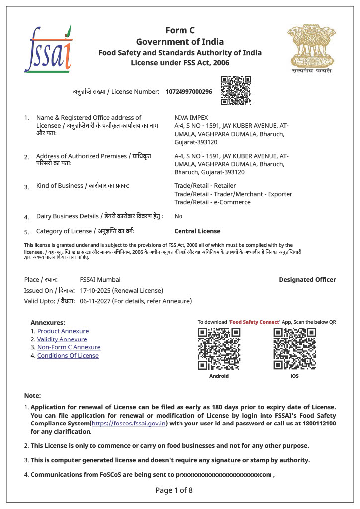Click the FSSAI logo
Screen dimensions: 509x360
pos(48,49)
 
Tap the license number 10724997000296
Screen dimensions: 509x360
pos(188,92)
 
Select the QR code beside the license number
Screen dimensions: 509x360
pos(236,90)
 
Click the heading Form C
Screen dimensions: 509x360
pos(180,31)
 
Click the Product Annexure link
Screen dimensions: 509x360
pos(63,331)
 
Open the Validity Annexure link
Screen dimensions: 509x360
pos(62,339)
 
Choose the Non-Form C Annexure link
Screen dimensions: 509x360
pos(69,347)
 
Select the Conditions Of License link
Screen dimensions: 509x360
pos(68,356)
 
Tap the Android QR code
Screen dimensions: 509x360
pos(219,349)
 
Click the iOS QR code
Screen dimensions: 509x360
pos(294,349)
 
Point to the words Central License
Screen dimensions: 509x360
pos(197,231)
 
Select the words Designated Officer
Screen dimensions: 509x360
pos(307,280)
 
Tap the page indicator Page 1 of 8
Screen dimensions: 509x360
pos(174,490)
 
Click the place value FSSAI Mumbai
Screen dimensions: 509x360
pos(100,280)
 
